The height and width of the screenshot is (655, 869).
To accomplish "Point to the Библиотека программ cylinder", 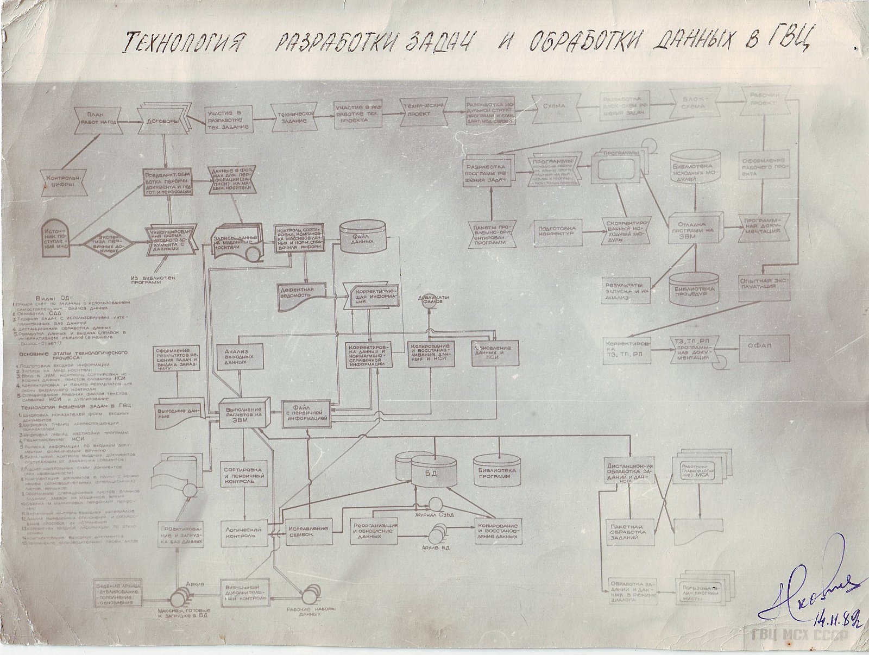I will tap(498, 468).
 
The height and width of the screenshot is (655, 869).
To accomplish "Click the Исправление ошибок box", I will tap(308, 531).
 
